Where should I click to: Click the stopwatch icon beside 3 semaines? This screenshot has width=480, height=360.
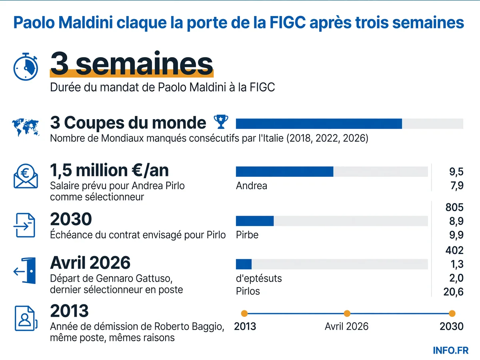[26, 67]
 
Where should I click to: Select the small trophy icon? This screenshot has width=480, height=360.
[221, 122]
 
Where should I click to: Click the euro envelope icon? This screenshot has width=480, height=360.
[26, 176]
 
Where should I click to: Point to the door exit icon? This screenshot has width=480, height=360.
[25, 271]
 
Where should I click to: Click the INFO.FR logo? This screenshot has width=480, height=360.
[451, 350]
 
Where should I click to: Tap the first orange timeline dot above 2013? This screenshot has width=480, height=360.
[244, 314]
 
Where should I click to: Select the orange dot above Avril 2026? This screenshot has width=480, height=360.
[347, 314]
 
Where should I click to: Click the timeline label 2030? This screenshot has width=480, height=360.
[452, 326]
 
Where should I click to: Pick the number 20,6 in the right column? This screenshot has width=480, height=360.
[453, 292]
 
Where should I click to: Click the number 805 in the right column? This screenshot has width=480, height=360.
[454, 207]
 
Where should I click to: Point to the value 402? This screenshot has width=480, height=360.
[454, 250]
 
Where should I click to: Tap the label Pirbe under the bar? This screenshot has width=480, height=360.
[247, 235]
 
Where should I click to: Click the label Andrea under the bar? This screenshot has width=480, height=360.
[252, 186]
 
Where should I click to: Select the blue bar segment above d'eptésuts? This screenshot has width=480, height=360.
[244, 264]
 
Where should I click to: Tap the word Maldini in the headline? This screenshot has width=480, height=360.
[86, 22]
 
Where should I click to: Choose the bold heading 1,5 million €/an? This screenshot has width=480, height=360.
[109, 170]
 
